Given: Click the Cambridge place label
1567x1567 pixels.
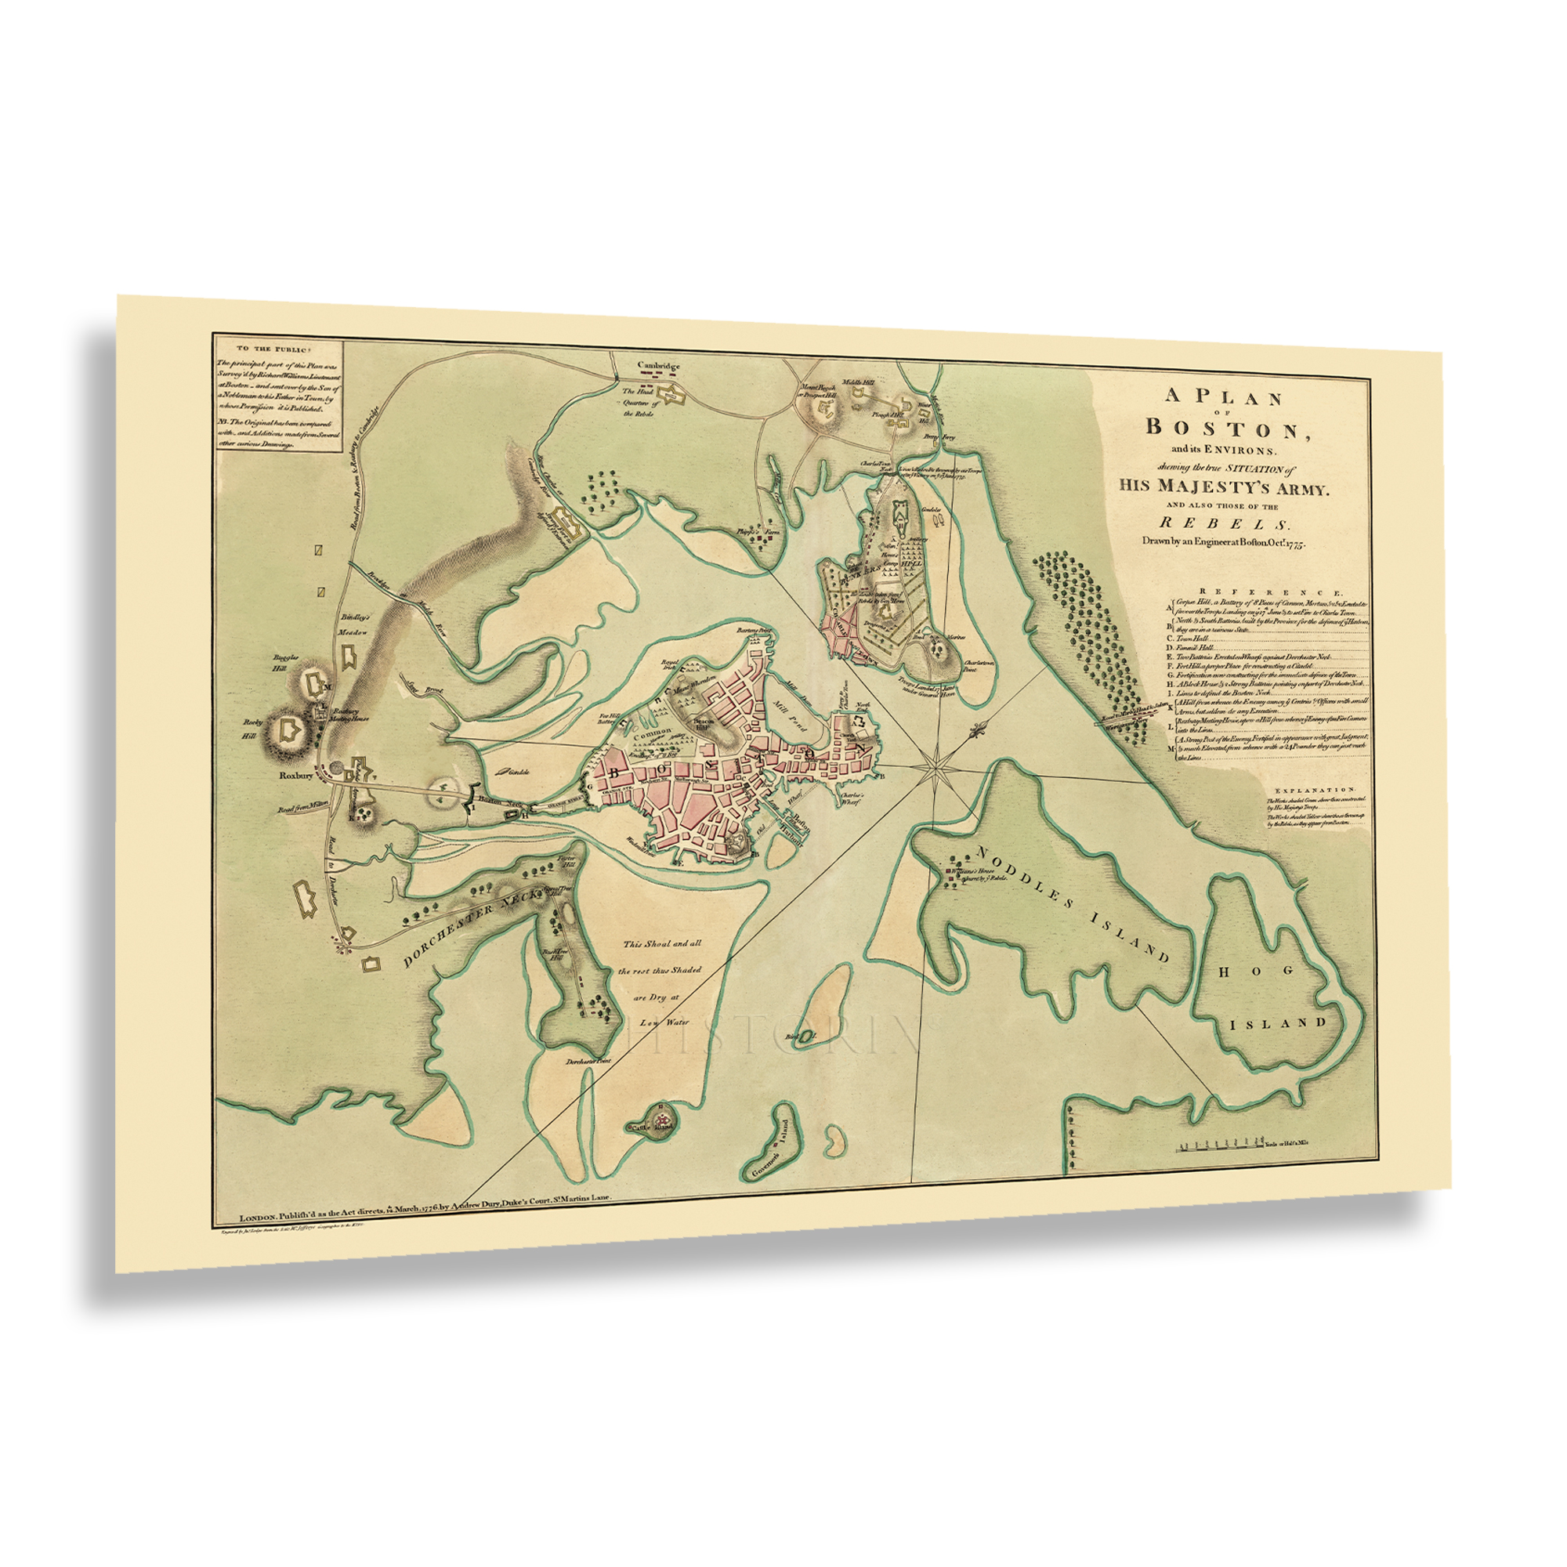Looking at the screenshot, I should tap(658, 366).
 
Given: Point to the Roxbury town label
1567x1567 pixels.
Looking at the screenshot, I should tap(296, 776).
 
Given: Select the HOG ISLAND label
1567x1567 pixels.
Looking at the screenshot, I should tap(1278, 995).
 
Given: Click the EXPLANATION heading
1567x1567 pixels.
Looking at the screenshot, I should tap(1315, 788).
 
